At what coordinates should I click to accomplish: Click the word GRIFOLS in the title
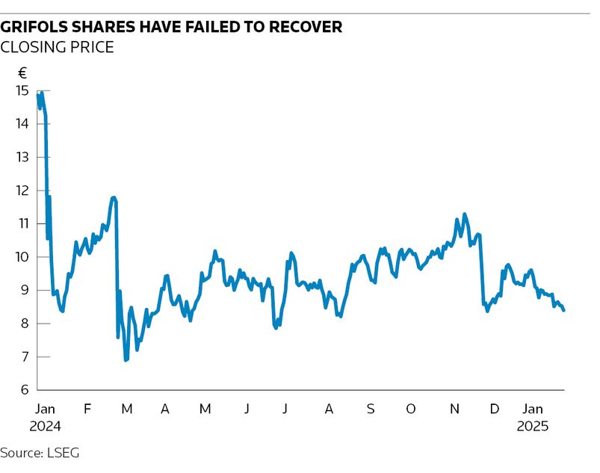click(x=40, y=27)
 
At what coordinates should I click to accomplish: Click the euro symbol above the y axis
click(x=22, y=73)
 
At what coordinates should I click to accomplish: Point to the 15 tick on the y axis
click(x=22, y=90)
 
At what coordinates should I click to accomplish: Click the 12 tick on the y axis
click(x=22, y=191)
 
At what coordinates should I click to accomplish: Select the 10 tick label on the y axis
click(x=22, y=257)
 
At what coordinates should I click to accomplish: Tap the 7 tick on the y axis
click(x=24, y=357)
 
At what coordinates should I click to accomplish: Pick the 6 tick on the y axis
click(x=24, y=390)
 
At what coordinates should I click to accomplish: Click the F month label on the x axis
click(x=87, y=409)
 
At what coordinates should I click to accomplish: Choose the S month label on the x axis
click(x=370, y=409)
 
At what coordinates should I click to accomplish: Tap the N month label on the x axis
click(x=454, y=409)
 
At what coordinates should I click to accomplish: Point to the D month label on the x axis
click(x=494, y=409)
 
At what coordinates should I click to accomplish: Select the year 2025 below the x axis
click(x=533, y=427)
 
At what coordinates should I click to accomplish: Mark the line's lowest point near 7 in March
click(x=126, y=361)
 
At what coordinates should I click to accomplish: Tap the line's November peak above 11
click(x=465, y=214)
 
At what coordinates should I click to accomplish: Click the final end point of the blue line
click(x=563, y=310)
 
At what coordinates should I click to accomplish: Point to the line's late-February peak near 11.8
click(x=114, y=197)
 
